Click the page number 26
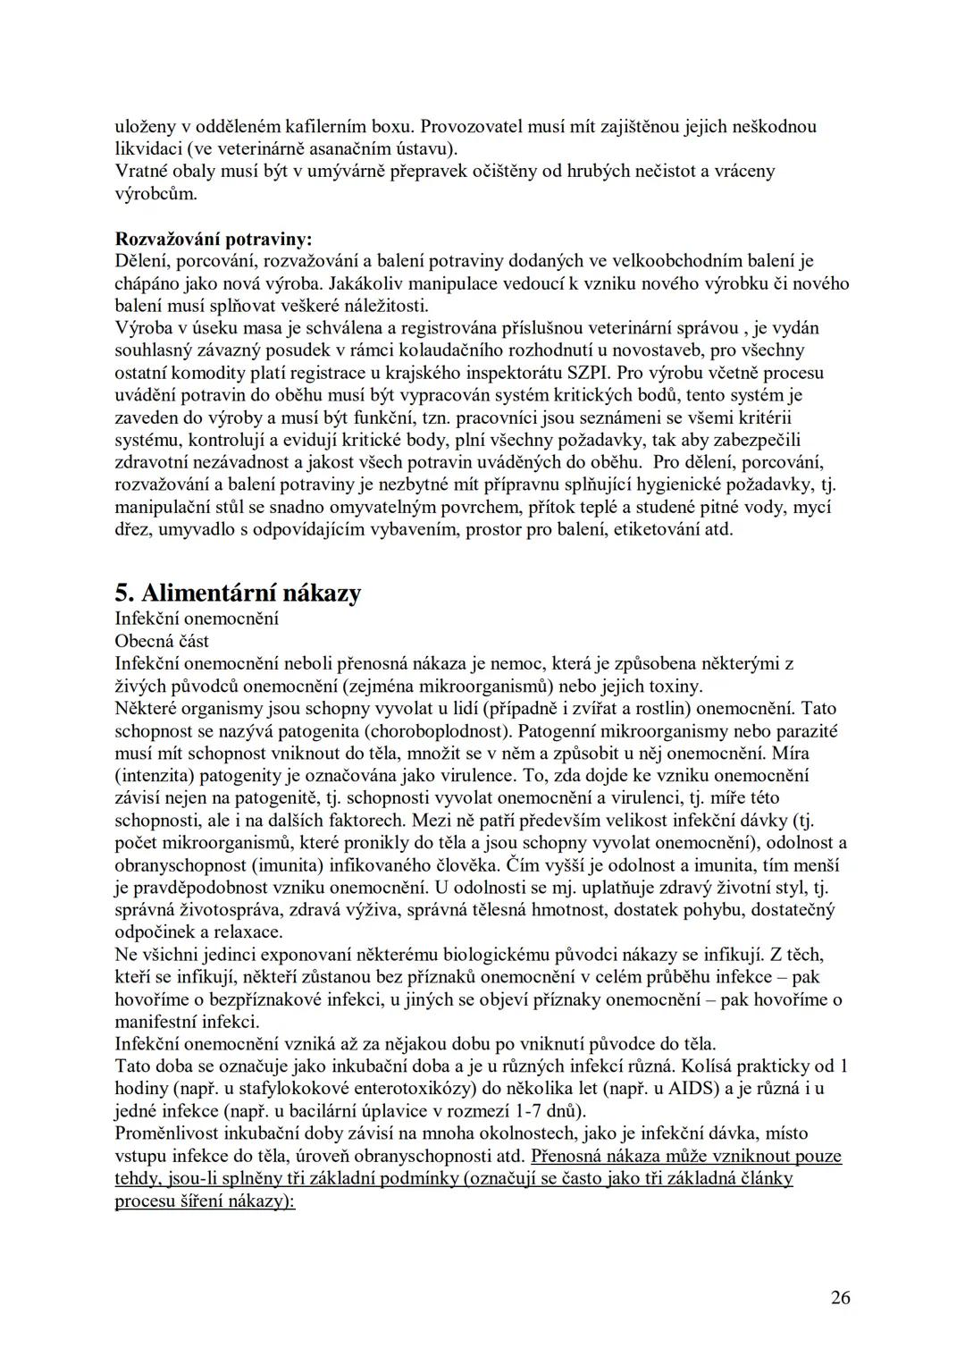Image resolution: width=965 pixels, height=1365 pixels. pyautogui.click(x=840, y=1298)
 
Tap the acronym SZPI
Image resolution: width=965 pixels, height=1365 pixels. pyautogui.click(x=580, y=372)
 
